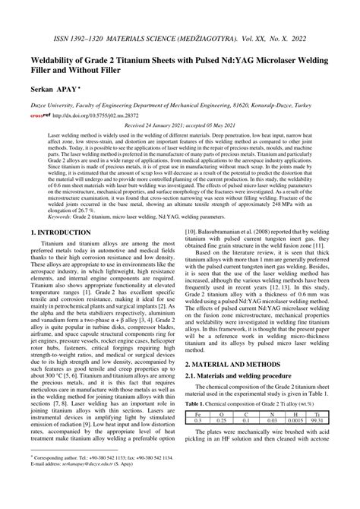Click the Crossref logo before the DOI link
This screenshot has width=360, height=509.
39,116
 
